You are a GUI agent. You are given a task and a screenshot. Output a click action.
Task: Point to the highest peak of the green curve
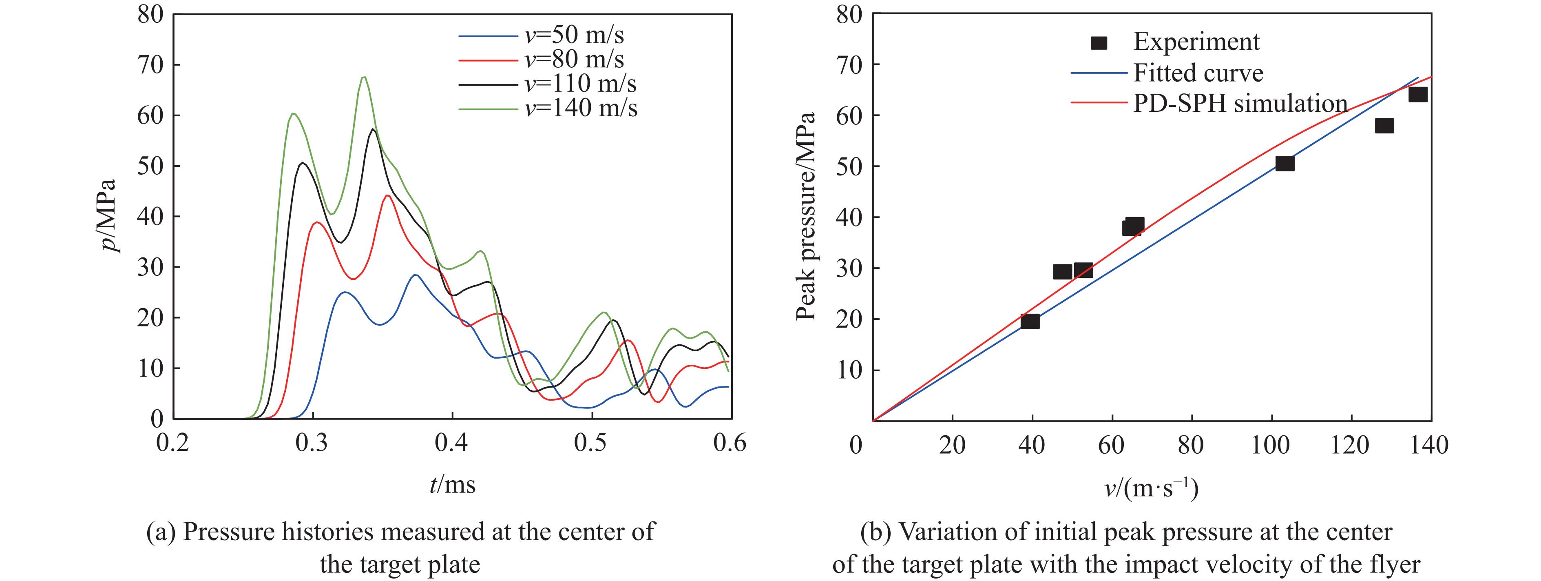pyautogui.click(x=363, y=77)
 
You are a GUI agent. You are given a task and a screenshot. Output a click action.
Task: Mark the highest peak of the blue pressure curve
pyautogui.click(x=415, y=275)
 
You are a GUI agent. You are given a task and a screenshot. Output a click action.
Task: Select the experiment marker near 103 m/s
pyautogui.click(x=1285, y=163)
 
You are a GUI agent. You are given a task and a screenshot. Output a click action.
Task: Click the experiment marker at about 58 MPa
pyautogui.click(x=1384, y=126)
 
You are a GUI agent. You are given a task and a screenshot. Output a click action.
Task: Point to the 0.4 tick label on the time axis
pyautogui.click(x=452, y=444)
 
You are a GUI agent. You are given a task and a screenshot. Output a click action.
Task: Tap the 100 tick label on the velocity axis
pyautogui.click(x=1271, y=445)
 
